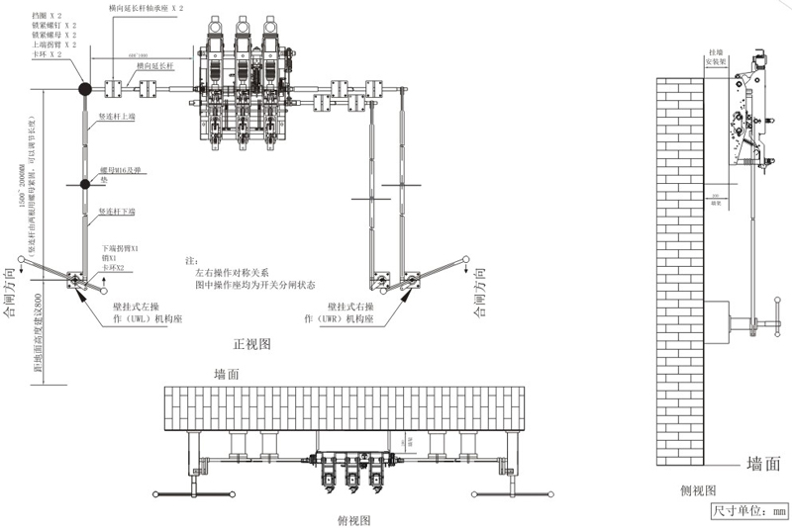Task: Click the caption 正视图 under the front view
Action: [252, 344]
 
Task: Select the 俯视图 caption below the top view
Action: [352, 519]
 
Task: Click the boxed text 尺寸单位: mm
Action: [748, 511]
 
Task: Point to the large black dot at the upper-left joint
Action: [85, 90]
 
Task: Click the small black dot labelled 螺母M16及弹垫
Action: [85, 184]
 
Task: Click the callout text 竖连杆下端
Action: [117, 213]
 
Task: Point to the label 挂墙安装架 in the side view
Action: [716, 55]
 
